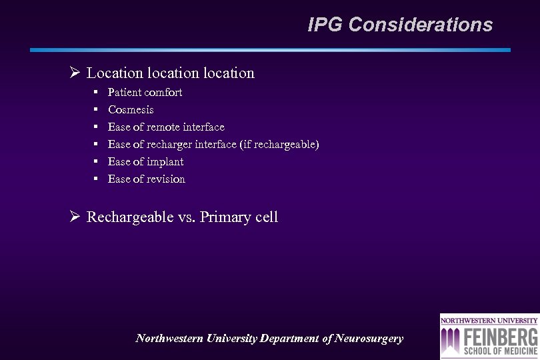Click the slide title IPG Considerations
tap(400, 25)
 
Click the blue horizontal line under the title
tap(270, 50)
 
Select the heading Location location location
tap(170, 73)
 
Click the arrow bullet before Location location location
tap(75, 73)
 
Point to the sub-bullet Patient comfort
tap(145, 92)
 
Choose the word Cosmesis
tap(131, 109)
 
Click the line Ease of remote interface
tap(166, 127)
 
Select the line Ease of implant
tap(145, 161)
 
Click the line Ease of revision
tap(147, 179)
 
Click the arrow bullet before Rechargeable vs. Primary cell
tap(75, 217)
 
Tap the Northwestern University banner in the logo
tap(489, 319)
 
